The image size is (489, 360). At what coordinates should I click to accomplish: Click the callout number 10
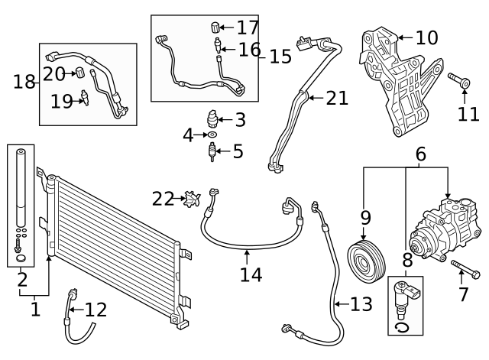(426, 37)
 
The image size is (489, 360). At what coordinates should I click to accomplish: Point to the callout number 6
(420, 154)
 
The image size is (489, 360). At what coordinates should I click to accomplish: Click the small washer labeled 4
(212, 135)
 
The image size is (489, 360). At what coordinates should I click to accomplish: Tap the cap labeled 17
(215, 28)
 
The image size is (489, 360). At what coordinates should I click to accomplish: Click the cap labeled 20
(77, 73)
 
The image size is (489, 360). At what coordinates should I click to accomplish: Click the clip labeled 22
(191, 199)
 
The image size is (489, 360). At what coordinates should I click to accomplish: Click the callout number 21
(336, 98)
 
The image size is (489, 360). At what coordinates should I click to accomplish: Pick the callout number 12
(96, 310)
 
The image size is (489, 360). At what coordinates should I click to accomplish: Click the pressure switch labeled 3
(212, 119)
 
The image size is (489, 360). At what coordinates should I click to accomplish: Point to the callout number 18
(24, 81)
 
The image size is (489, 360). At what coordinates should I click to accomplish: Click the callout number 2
(23, 279)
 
